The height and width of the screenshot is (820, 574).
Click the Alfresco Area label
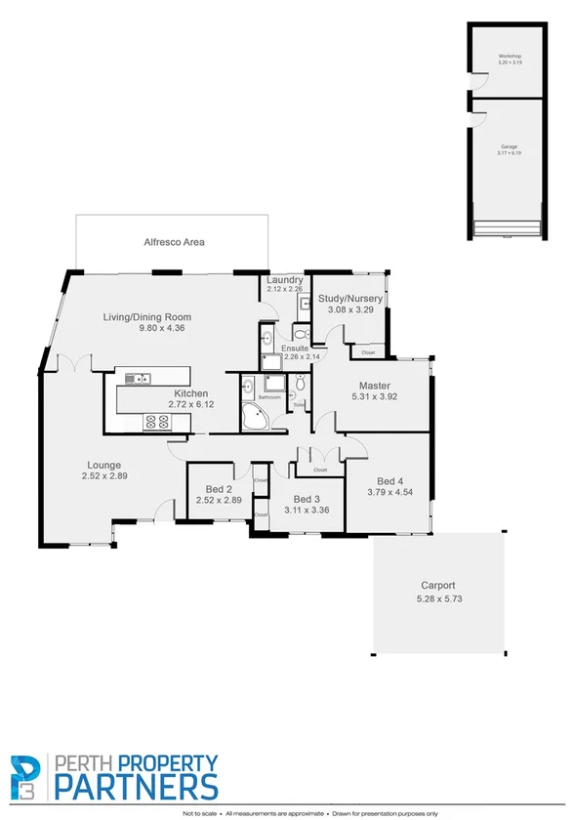(174, 241)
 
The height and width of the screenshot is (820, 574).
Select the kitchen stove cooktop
(157, 422)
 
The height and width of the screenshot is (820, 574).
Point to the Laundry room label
(285, 280)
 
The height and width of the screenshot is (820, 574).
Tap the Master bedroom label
(375, 386)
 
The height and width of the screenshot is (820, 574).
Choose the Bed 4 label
(389, 481)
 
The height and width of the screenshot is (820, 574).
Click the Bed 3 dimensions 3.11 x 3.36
(306, 509)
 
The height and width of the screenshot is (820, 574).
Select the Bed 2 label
(218, 489)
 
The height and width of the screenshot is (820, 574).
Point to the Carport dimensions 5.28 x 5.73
(437, 597)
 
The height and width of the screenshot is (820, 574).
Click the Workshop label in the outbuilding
(510, 57)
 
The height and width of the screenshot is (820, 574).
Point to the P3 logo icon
(27, 776)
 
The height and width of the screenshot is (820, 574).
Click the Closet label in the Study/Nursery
(368, 352)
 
